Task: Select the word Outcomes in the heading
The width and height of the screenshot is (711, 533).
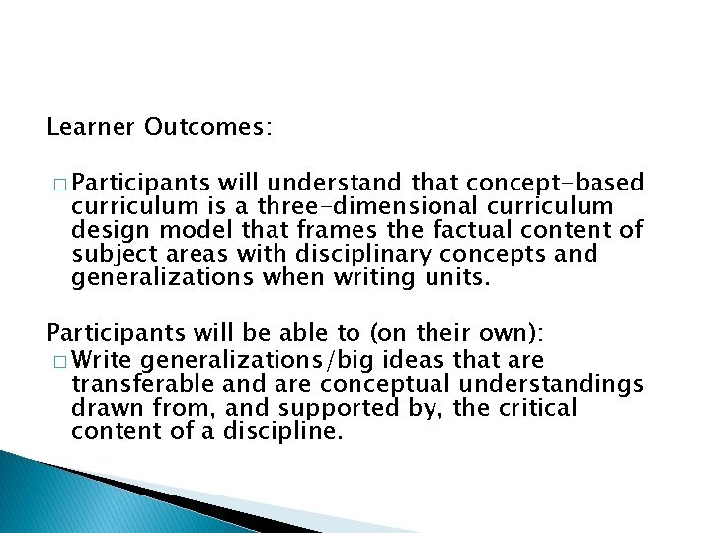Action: (207, 128)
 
